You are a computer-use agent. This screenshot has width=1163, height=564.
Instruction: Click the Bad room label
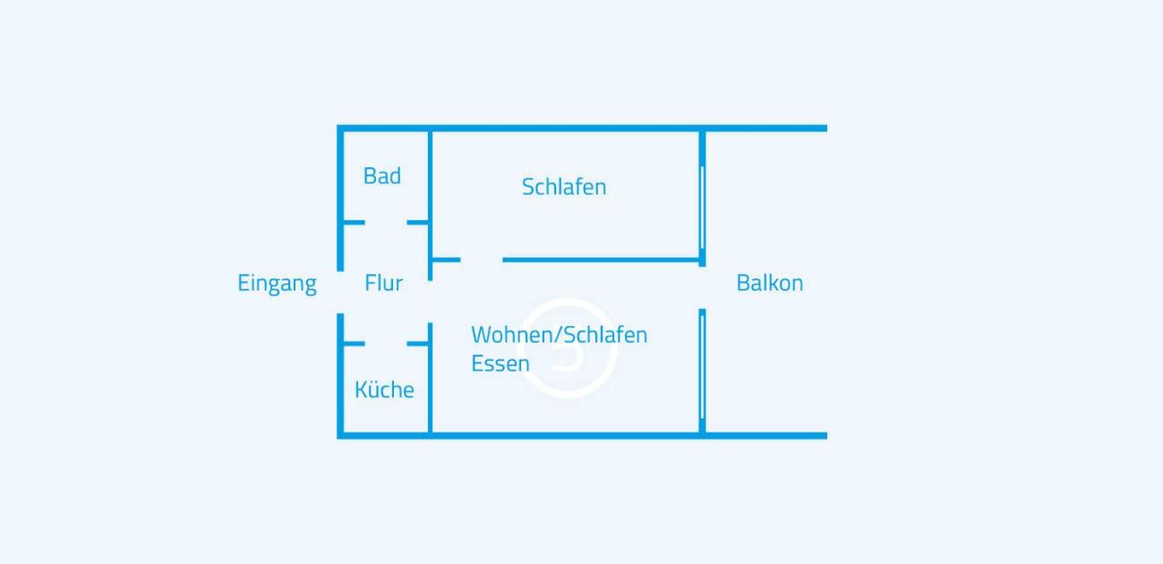(382, 176)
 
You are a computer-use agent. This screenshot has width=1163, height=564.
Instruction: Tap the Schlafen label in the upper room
(564, 187)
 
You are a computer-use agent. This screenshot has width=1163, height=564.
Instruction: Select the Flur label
(384, 283)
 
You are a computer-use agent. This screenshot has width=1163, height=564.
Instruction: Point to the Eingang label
(278, 284)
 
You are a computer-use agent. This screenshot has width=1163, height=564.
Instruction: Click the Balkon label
(770, 283)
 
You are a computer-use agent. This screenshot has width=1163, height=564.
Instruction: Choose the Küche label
(384, 389)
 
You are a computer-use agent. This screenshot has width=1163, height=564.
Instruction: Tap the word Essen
(500, 363)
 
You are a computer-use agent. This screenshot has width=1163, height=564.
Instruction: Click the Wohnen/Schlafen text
(560, 335)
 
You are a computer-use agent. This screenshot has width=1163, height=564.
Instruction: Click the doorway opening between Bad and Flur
(386, 222)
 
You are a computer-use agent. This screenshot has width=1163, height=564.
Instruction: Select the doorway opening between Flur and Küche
(386, 343)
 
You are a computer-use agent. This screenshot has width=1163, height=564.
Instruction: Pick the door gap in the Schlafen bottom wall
(482, 260)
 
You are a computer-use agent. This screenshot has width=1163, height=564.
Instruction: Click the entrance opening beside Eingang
(340, 293)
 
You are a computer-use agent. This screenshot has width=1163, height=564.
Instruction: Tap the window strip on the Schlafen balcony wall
(702, 207)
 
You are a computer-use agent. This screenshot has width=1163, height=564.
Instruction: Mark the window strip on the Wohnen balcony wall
(702, 367)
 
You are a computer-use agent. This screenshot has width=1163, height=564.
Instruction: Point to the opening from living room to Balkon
(702, 287)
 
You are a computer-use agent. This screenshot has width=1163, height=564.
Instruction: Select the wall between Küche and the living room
(430, 378)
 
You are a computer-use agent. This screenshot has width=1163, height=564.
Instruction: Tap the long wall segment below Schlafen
(601, 260)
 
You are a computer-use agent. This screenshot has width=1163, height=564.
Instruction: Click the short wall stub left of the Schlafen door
(447, 260)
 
